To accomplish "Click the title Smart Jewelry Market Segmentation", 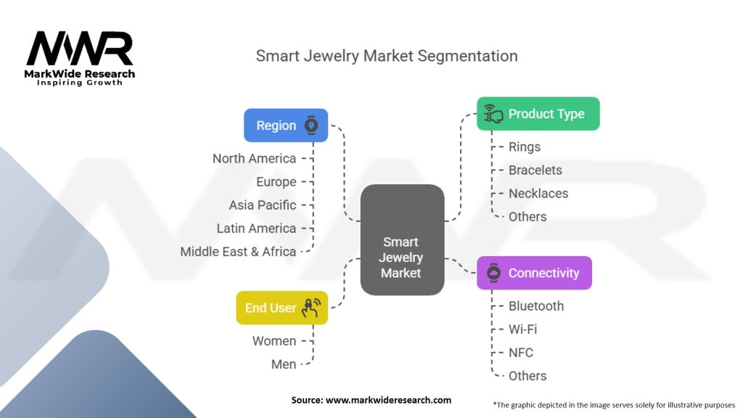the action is click(x=387, y=56).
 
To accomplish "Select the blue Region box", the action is click(x=285, y=125).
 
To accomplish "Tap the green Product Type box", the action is click(x=538, y=114).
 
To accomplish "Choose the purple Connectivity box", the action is click(x=534, y=273).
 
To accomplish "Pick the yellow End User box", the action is click(x=282, y=308).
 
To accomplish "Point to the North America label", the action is click(x=254, y=158).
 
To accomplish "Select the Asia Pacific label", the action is click(x=262, y=205).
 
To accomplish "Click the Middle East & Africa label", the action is click(x=238, y=251).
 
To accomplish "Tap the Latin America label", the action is click(x=256, y=228).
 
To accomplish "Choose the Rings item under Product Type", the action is click(x=524, y=147).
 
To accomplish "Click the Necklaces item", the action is click(x=538, y=193).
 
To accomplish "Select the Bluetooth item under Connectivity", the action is click(x=535, y=306).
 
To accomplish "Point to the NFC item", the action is click(x=520, y=352).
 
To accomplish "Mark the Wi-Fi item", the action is click(x=522, y=329).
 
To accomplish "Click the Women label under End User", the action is click(x=274, y=340).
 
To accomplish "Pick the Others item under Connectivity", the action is click(x=528, y=375).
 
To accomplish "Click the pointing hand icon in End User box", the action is click(x=311, y=308).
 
